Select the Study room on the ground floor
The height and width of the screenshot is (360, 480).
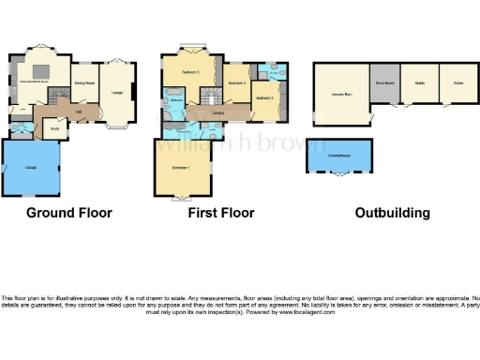point(55,129)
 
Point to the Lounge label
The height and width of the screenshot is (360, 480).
point(117,92)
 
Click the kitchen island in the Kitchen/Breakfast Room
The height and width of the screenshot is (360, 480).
point(43,72)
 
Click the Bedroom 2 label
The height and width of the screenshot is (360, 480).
point(263,97)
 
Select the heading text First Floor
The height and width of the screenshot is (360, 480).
point(221,213)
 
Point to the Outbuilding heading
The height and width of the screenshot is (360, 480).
point(392,213)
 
